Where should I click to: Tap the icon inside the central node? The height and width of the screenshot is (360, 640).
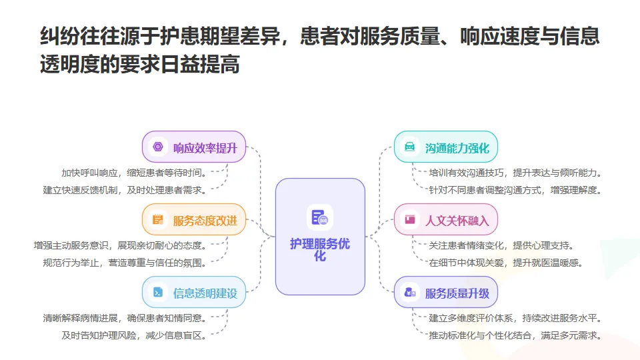click(x=320, y=217)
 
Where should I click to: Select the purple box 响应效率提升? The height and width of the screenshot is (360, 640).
click(x=195, y=147)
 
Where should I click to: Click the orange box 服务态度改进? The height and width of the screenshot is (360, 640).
click(x=195, y=220)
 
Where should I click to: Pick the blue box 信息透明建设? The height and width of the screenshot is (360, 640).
click(x=195, y=293)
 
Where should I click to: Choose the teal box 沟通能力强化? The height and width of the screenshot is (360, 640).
click(x=446, y=147)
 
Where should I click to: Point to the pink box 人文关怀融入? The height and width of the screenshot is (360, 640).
click(x=446, y=220)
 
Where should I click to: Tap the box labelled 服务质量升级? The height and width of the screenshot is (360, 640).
click(x=446, y=293)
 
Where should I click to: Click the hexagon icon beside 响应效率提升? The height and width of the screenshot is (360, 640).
click(x=158, y=147)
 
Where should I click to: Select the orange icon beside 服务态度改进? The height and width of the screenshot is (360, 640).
click(x=158, y=220)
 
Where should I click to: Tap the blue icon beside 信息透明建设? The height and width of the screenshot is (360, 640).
click(x=158, y=293)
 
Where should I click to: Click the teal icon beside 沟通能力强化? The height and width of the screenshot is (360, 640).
click(x=410, y=147)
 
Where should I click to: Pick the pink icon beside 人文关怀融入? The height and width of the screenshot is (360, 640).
click(x=410, y=220)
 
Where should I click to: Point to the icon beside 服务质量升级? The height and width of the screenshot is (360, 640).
click(x=410, y=293)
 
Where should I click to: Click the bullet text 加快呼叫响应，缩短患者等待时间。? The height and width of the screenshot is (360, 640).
click(x=135, y=172)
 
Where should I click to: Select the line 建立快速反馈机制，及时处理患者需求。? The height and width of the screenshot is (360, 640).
click(x=125, y=190)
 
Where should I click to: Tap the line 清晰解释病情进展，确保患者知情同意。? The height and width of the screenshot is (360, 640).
click(x=125, y=317)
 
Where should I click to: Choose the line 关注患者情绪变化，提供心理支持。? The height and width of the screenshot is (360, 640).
click(x=501, y=245)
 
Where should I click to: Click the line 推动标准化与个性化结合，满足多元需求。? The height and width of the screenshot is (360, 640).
click(x=515, y=335)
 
